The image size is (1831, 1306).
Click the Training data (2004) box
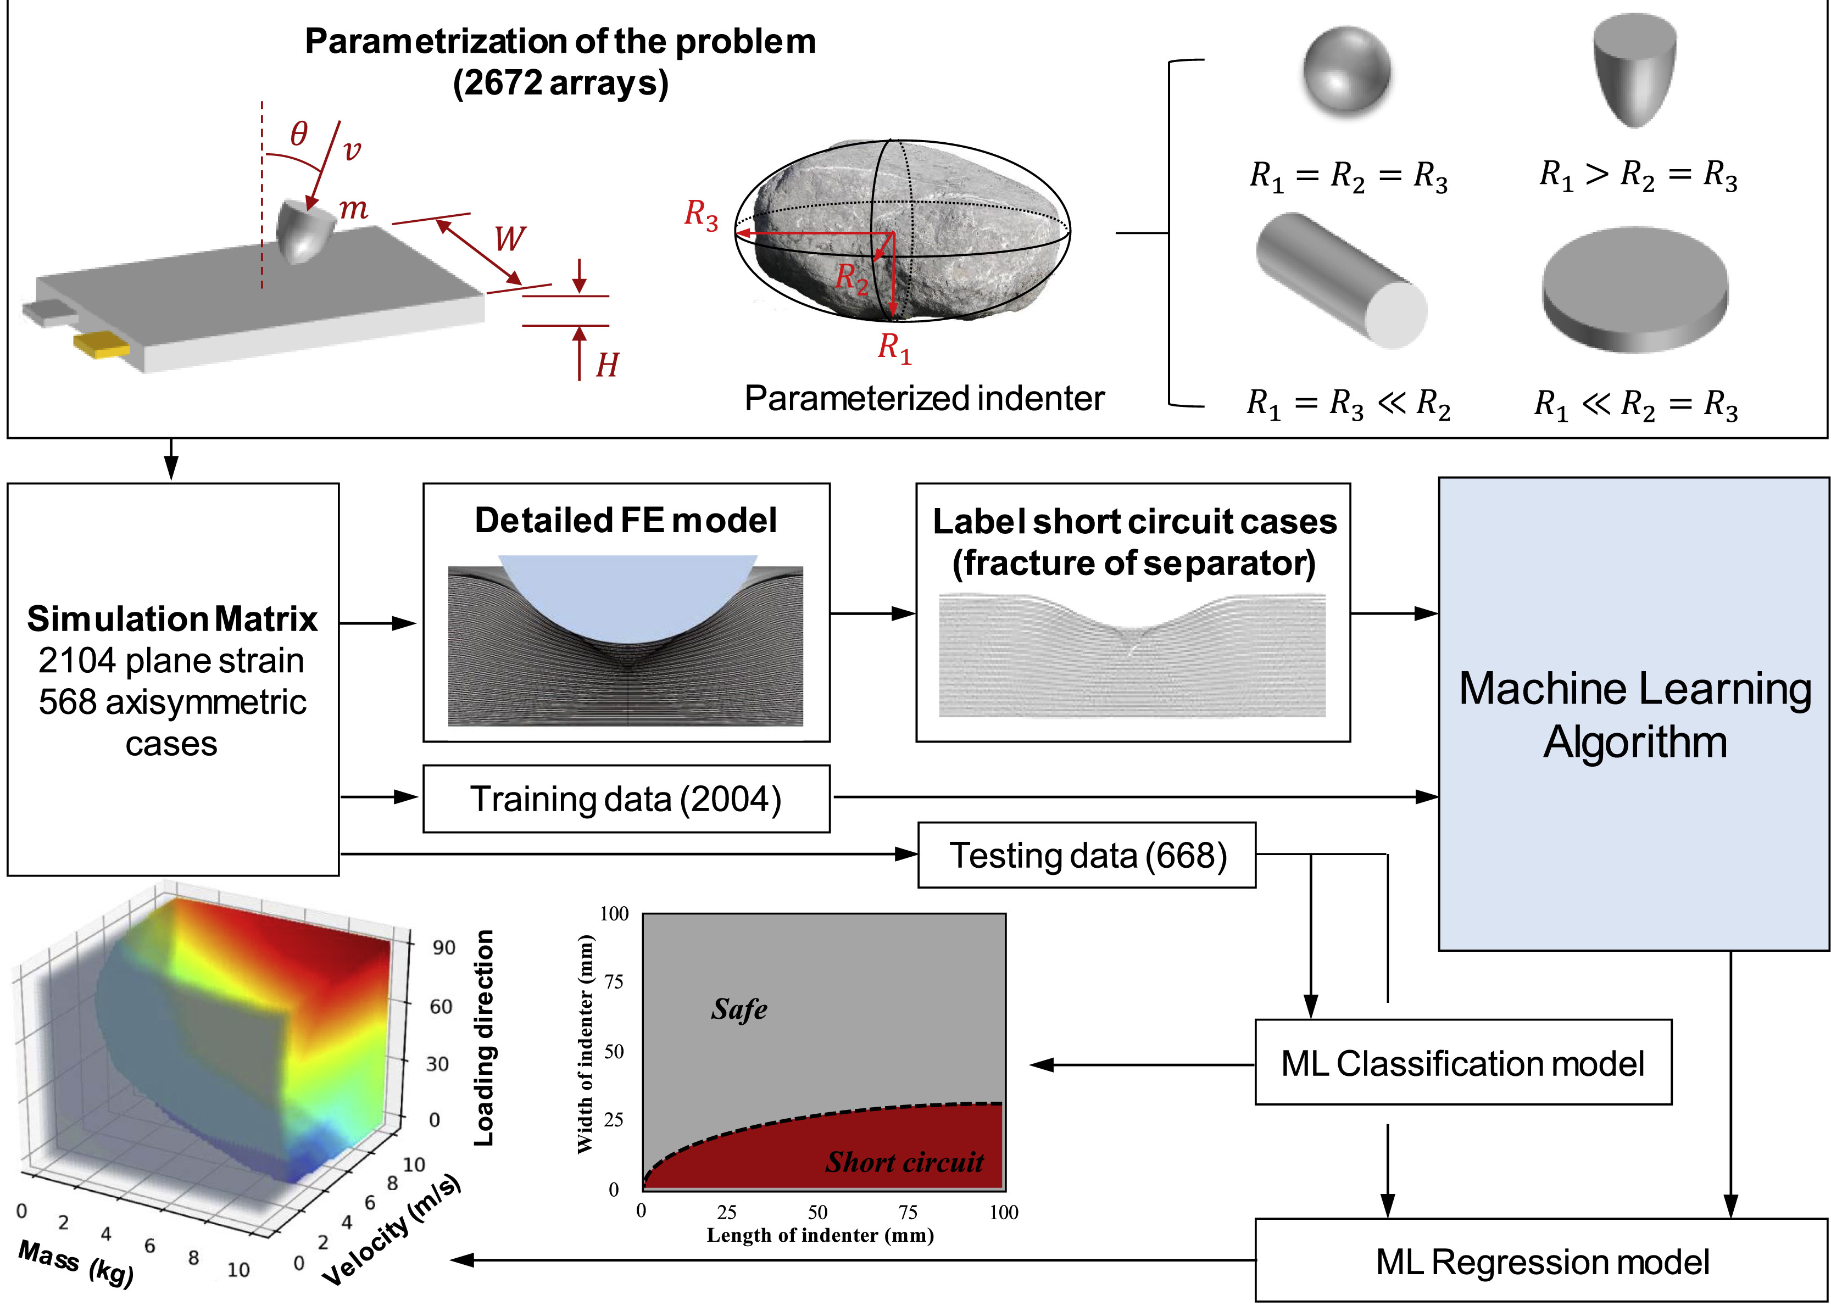click(626, 799)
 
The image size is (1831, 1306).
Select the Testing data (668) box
click(1087, 855)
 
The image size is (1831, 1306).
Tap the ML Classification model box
click(1463, 1062)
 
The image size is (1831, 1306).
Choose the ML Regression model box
click(1542, 1261)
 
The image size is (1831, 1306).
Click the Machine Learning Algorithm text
click(1635, 715)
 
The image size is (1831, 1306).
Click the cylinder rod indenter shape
click(1341, 280)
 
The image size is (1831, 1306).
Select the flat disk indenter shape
click(1635, 289)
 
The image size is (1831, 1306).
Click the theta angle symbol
click(298, 133)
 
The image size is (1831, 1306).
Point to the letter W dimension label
click(509, 239)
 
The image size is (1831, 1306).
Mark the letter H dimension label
click(608, 365)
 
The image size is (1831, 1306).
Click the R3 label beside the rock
click(701, 215)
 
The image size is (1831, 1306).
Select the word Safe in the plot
click(738, 1008)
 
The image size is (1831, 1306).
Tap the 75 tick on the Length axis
click(908, 1212)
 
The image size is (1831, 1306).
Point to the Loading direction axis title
click(483, 1038)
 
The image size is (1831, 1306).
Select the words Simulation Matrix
click(172, 618)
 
